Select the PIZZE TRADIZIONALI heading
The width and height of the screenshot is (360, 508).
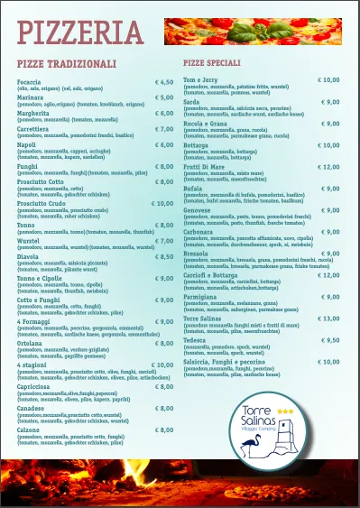tap(67, 64)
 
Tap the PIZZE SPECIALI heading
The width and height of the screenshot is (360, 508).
tap(210, 64)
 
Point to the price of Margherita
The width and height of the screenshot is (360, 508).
tap(163, 114)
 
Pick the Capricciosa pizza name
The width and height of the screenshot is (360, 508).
tap(34, 385)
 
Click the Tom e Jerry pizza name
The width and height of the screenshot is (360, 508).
tap(201, 79)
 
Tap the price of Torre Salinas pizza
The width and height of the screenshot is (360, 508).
tap(328, 319)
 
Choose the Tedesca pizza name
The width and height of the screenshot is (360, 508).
tap(198, 340)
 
